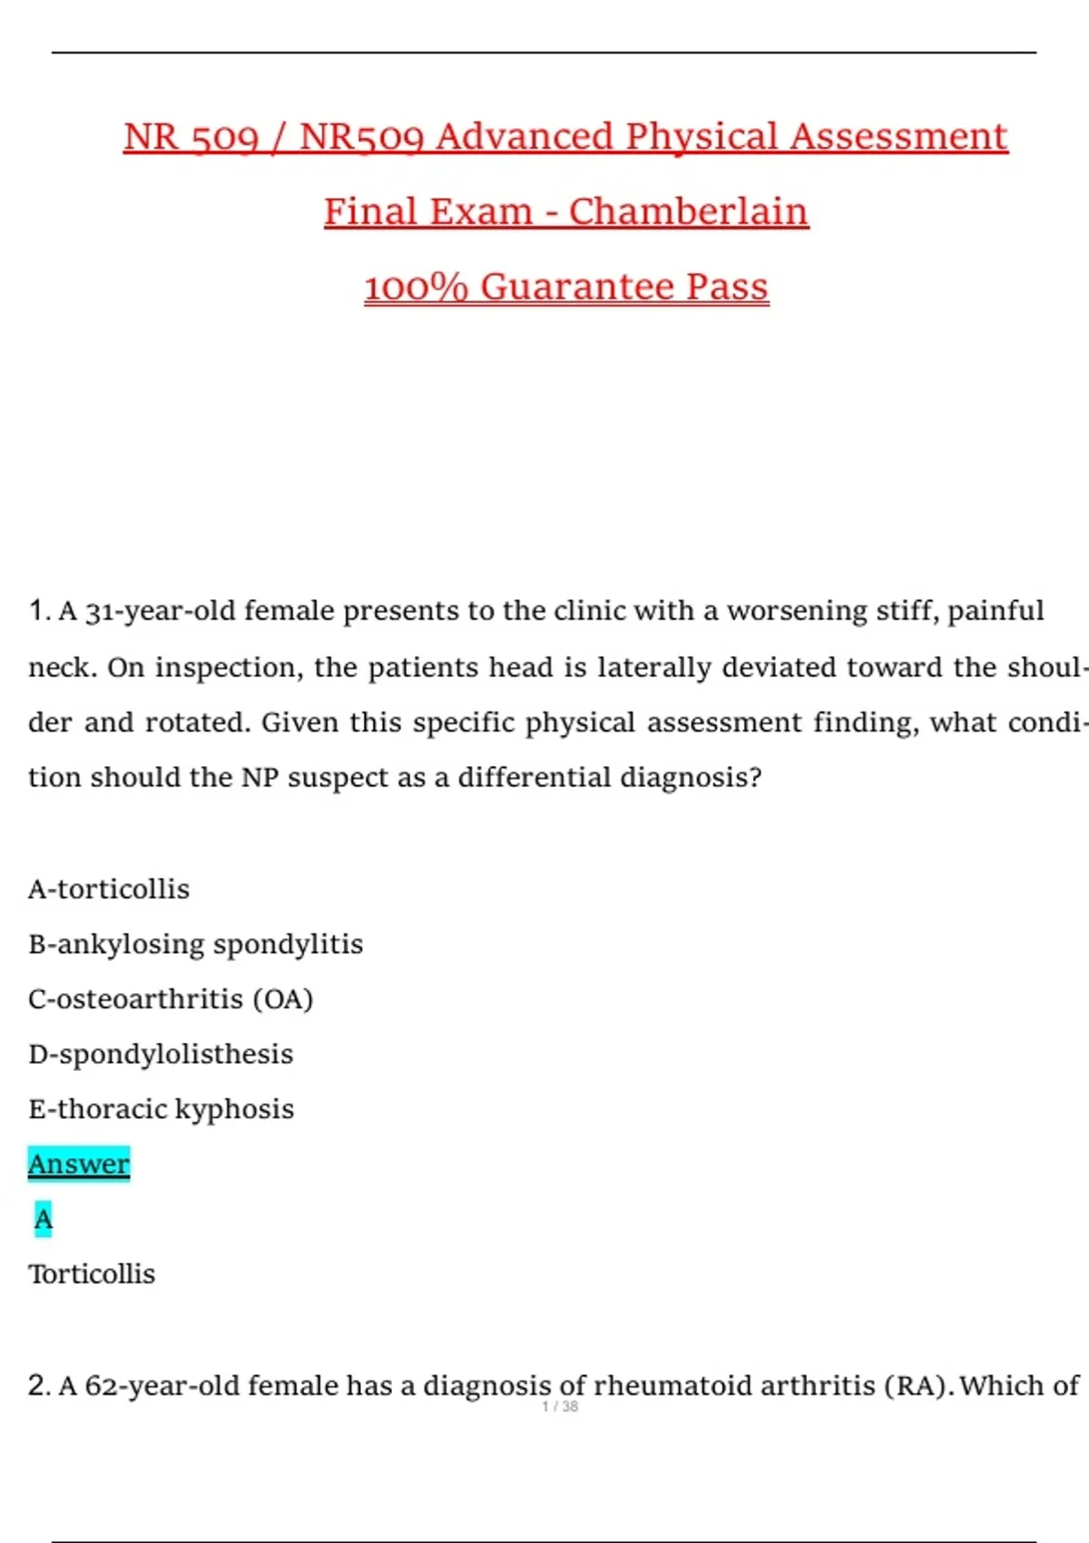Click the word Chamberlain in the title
point(688,211)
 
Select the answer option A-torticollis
point(109,889)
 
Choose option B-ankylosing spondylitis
point(195,944)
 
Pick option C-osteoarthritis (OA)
point(171,998)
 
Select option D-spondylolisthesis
point(161,1054)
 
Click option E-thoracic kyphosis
point(161,1109)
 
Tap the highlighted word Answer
point(79,1164)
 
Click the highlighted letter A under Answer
point(44,1219)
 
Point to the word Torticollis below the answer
point(92,1273)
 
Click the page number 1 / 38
point(560,1407)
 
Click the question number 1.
point(37,611)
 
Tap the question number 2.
point(37,1386)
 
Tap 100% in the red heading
point(416,287)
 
